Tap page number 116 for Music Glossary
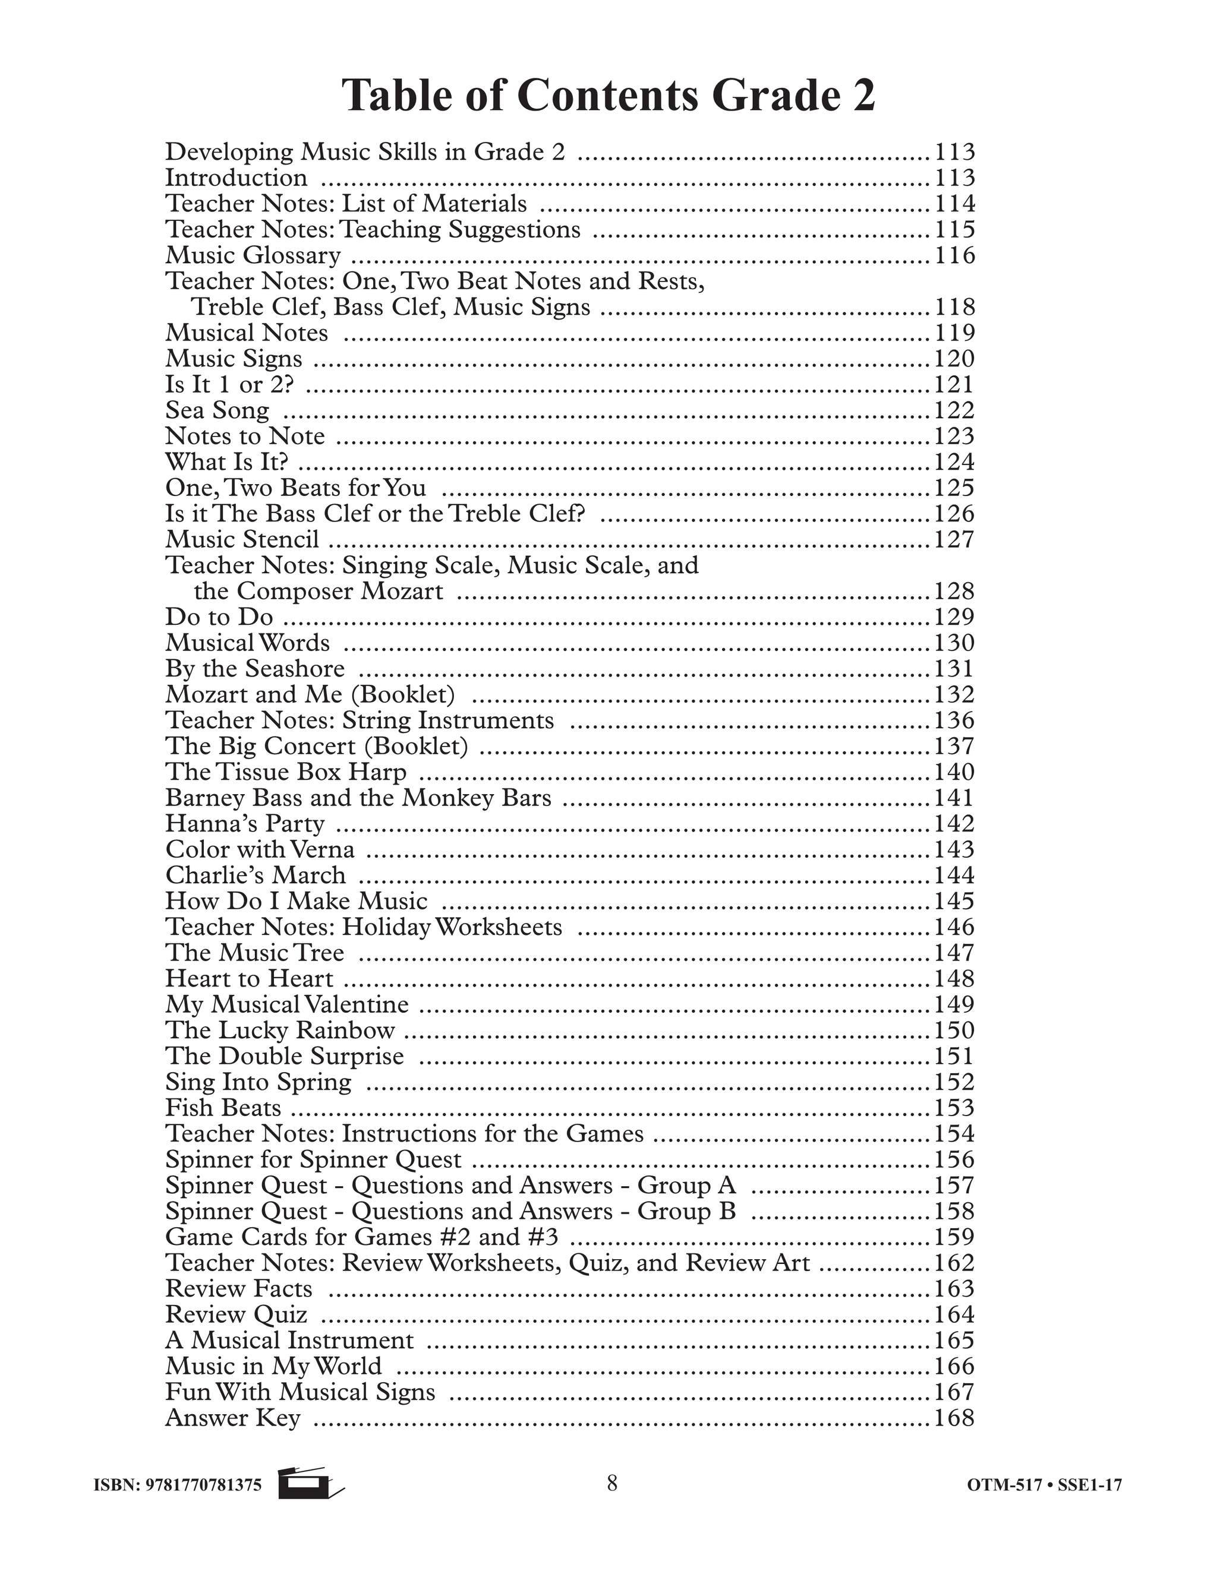954,255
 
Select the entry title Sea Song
217,410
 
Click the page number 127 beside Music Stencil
954,539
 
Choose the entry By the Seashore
254,668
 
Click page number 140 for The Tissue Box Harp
954,772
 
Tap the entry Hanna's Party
244,823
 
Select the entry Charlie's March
255,875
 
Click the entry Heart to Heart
250,978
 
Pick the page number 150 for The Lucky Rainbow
954,1030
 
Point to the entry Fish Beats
223,1107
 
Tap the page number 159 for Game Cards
954,1237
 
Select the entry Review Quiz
236,1314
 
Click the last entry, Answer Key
232,1418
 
